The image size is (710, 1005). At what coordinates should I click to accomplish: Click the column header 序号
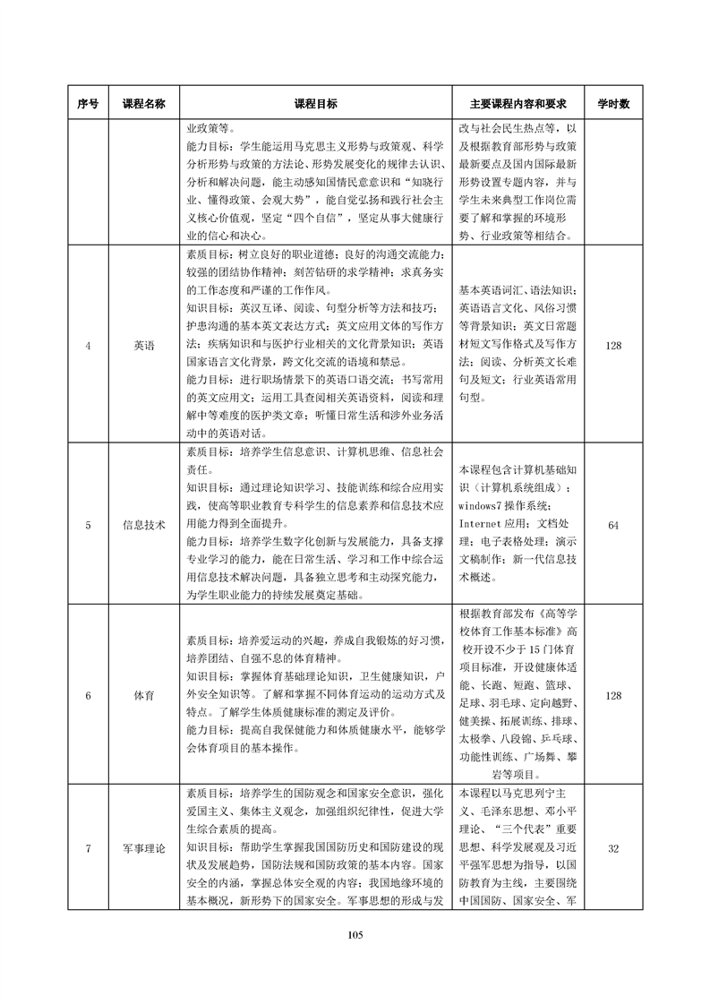tap(88, 104)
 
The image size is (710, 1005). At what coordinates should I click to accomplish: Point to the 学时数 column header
tap(613, 104)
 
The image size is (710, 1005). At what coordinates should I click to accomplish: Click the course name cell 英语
tap(143, 345)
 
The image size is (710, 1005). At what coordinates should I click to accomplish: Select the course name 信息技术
tap(143, 525)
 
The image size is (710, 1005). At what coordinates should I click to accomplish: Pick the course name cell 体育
tap(143, 695)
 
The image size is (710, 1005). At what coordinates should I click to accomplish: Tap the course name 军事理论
tap(143, 848)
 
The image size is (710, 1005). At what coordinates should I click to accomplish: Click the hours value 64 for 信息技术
tap(613, 525)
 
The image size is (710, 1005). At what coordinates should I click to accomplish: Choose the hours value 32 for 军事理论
tap(613, 848)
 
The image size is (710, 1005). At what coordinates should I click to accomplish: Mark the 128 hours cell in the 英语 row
tap(613, 345)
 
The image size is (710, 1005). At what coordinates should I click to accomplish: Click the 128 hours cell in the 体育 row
tap(613, 695)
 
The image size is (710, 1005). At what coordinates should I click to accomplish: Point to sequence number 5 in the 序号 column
tap(88, 525)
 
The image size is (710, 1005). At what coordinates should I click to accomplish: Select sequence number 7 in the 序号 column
tap(88, 848)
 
